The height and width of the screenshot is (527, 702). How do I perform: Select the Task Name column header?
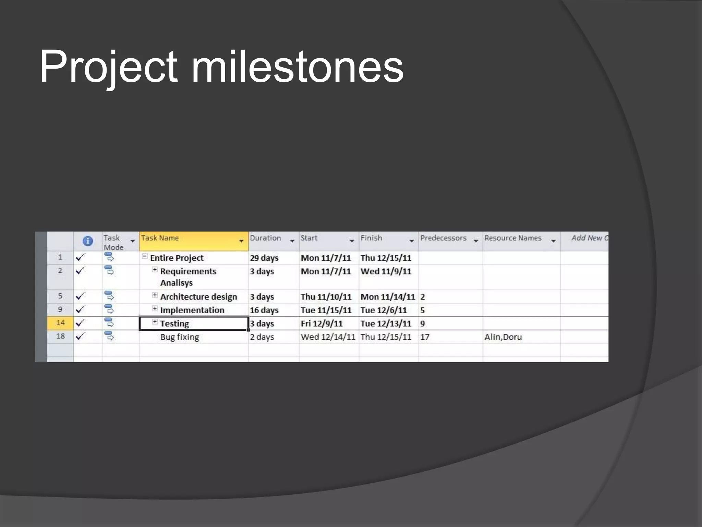point(160,238)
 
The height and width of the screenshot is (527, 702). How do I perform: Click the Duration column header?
point(265,238)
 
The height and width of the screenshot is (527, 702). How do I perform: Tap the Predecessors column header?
point(443,238)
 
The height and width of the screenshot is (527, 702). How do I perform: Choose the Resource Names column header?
point(513,238)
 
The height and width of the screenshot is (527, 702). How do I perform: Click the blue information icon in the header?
point(88,241)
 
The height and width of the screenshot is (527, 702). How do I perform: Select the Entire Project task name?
point(177,258)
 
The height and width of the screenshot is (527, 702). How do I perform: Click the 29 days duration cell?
point(264,258)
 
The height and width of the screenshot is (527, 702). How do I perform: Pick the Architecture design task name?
point(198,297)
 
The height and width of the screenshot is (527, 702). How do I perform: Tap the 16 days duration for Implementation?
point(264,310)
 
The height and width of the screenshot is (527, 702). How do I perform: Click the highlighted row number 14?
point(60,323)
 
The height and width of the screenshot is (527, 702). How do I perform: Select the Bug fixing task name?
point(180,337)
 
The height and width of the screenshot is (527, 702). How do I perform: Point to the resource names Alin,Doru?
point(503,337)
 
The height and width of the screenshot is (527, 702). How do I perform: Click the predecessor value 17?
point(425,337)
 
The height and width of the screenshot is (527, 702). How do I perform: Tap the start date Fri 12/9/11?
point(322,324)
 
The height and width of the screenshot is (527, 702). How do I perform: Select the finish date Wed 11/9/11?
point(386,271)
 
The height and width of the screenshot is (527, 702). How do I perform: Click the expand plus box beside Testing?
point(155,322)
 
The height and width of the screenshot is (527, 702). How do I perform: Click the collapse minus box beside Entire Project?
point(145,256)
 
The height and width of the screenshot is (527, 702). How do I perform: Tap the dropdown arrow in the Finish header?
point(412,241)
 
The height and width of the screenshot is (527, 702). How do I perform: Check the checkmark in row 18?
point(80,336)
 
